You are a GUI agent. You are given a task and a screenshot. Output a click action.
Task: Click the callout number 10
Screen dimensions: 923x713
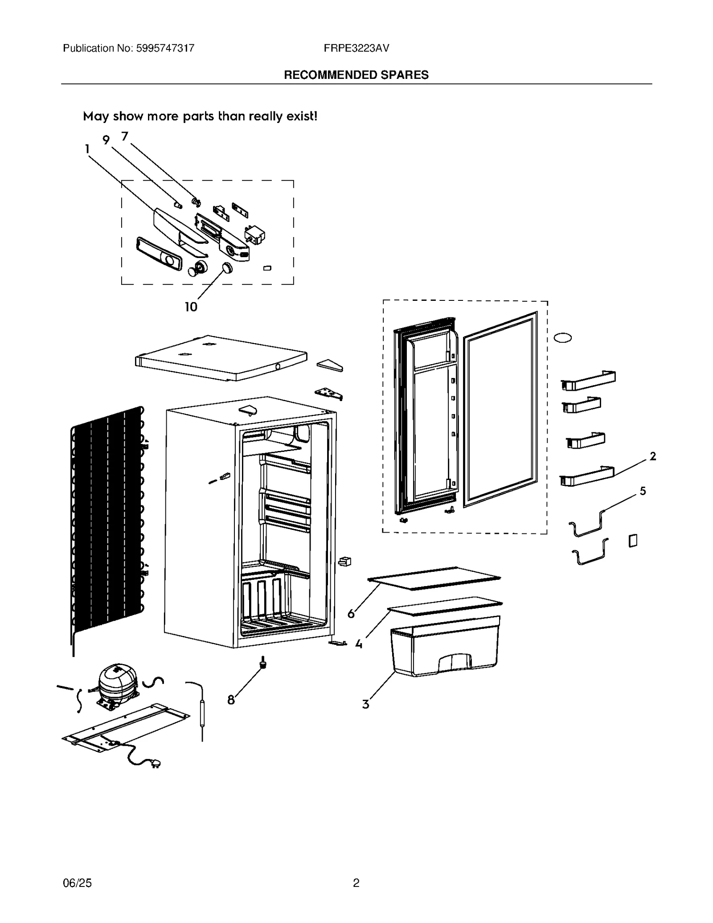(191, 307)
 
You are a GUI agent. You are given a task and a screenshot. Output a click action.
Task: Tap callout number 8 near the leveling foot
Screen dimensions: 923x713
(231, 700)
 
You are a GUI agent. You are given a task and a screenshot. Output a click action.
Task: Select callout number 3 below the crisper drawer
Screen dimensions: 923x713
(365, 704)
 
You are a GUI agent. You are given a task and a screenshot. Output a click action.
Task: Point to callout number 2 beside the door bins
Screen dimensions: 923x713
(653, 456)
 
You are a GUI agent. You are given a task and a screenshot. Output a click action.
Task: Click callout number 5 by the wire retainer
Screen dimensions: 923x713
(643, 491)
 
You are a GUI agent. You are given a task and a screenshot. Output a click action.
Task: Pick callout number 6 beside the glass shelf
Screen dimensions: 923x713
(351, 614)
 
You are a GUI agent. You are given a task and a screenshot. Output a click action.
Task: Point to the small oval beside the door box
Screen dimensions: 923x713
(562, 338)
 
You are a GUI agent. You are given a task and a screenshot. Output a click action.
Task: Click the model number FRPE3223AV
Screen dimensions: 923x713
(356, 48)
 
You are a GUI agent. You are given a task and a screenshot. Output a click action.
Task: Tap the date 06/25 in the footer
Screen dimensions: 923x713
(77, 883)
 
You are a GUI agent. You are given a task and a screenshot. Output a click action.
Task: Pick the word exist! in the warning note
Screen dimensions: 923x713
(302, 116)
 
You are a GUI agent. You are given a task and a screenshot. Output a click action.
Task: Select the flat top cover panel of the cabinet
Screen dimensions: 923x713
(221, 357)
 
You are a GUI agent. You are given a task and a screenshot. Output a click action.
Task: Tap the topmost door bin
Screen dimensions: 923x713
(588, 380)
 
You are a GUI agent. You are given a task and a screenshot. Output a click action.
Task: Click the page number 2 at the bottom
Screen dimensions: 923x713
(356, 883)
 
